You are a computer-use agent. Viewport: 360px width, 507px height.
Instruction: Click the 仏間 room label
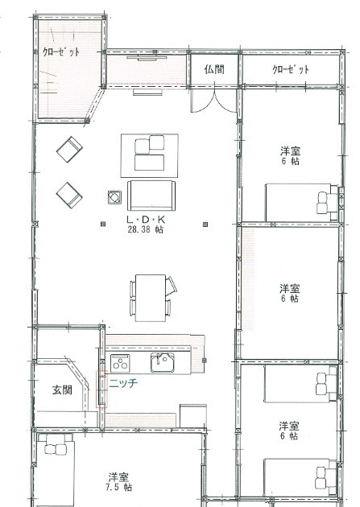(x=214, y=69)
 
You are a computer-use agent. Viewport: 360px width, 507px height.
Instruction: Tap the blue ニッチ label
(x=123, y=383)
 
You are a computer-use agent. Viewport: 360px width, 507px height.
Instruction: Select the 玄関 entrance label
(x=62, y=390)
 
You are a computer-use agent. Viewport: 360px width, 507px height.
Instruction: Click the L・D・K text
(x=146, y=220)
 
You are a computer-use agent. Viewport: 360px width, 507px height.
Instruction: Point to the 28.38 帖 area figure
(x=146, y=229)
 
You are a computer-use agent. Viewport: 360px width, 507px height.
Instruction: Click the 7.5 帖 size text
(x=118, y=487)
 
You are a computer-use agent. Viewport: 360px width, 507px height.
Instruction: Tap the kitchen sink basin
(x=163, y=362)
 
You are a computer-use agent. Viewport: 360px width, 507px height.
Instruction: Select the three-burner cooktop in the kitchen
(x=120, y=363)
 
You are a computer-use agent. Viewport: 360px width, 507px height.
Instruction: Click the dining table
(x=151, y=298)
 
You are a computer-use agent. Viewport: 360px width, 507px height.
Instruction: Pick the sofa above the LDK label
(x=151, y=196)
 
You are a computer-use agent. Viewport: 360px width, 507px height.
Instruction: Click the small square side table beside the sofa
(x=114, y=197)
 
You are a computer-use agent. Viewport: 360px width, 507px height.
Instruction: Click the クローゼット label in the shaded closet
(x=61, y=52)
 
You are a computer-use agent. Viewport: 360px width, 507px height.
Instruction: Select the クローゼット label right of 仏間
(x=291, y=69)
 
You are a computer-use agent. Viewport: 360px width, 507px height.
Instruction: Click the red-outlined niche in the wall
(x=101, y=390)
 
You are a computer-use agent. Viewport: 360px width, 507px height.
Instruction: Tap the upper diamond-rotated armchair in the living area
(x=69, y=149)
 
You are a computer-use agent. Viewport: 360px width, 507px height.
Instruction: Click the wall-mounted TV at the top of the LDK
(x=147, y=58)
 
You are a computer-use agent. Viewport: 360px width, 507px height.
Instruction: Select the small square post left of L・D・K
(x=103, y=224)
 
